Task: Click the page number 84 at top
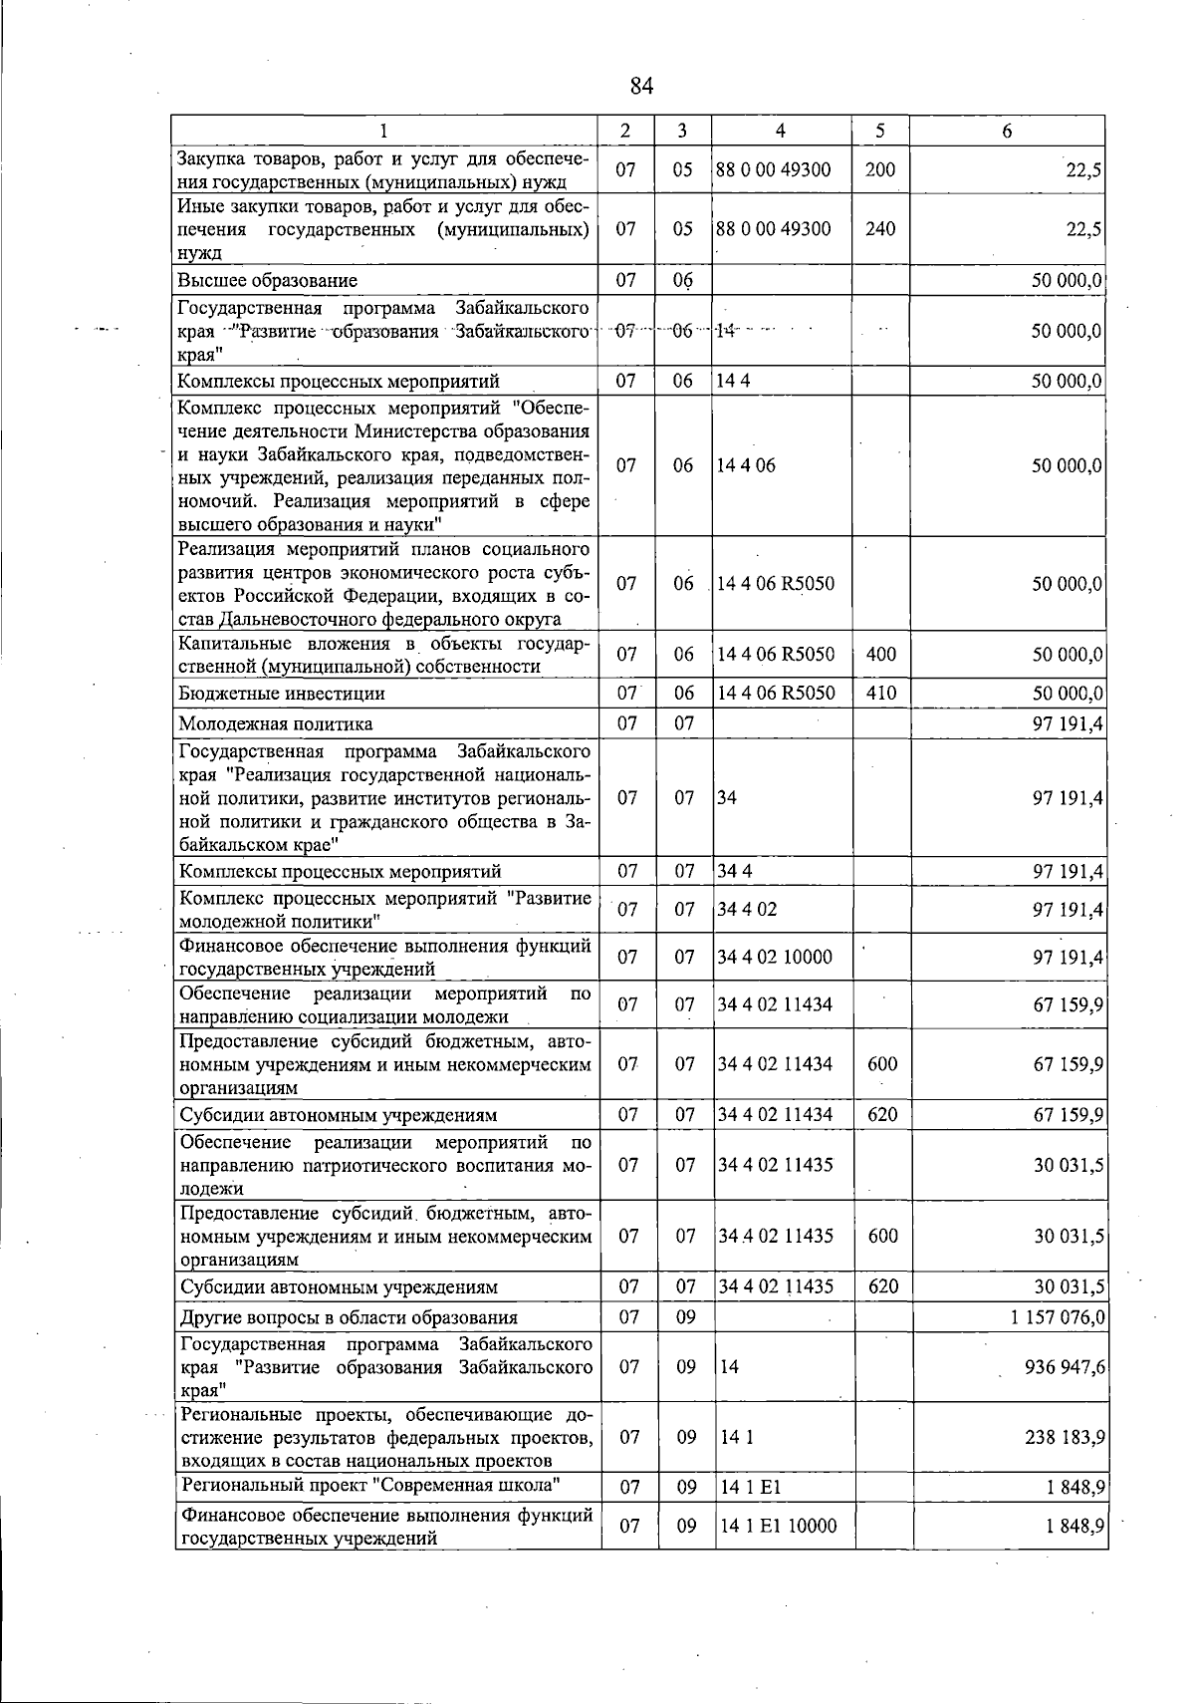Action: tap(641, 87)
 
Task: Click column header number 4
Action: tap(781, 131)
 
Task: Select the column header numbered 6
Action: tap(1007, 131)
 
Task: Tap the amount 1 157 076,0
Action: tap(1057, 1317)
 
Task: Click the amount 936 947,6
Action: tap(1065, 1367)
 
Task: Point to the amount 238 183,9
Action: tap(1065, 1437)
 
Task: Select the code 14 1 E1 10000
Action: tap(778, 1526)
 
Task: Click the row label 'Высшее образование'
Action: tap(267, 281)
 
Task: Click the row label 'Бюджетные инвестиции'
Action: tap(281, 694)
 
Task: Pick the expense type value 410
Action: tap(881, 693)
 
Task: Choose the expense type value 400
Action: tap(881, 655)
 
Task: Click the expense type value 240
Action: tap(880, 228)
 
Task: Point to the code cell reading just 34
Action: tap(727, 798)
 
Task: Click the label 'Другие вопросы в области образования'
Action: tap(349, 1317)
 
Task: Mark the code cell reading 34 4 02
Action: tap(747, 910)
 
